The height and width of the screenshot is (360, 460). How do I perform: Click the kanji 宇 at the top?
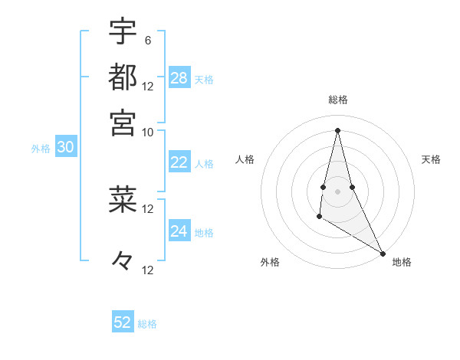click(123, 32)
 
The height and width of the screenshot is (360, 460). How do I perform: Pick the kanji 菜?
click(123, 199)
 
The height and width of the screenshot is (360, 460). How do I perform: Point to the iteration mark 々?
click(123, 261)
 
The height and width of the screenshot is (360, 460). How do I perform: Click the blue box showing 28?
click(179, 78)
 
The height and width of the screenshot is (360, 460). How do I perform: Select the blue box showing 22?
click(179, 162)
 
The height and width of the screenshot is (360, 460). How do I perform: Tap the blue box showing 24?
click(179, 231)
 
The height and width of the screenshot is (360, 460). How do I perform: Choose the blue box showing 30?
click(65, 149)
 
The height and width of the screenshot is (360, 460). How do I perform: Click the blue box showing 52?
click(123, 322)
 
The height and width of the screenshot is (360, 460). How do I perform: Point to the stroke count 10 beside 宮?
click(148, 131)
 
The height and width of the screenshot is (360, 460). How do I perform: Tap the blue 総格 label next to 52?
click(147, 324)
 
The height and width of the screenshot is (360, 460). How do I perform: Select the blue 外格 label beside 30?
click(41, 149)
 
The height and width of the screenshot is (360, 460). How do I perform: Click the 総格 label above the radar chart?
click(338, 100)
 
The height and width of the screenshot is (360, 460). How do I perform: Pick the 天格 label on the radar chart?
click(432, 159)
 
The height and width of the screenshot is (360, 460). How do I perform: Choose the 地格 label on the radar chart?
click(402, 262)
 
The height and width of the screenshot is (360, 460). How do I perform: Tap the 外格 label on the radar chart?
click(270, 262)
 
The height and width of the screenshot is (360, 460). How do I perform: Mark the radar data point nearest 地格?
click(383, 253)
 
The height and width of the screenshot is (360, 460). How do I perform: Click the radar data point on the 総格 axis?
click(337, 129)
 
